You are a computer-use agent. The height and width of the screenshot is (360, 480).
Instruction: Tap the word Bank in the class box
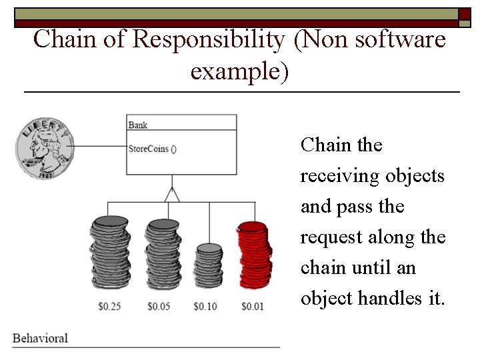coord(138,125)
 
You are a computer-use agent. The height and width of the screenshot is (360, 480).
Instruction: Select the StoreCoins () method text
coord(152,149)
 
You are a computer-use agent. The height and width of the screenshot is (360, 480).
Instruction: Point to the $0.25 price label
coord(109,307)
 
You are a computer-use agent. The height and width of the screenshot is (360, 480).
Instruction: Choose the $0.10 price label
coord(206,307)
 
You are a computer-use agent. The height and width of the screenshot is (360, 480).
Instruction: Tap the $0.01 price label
coord(252,307)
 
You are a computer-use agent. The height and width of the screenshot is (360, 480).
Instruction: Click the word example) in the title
coord(239,70)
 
